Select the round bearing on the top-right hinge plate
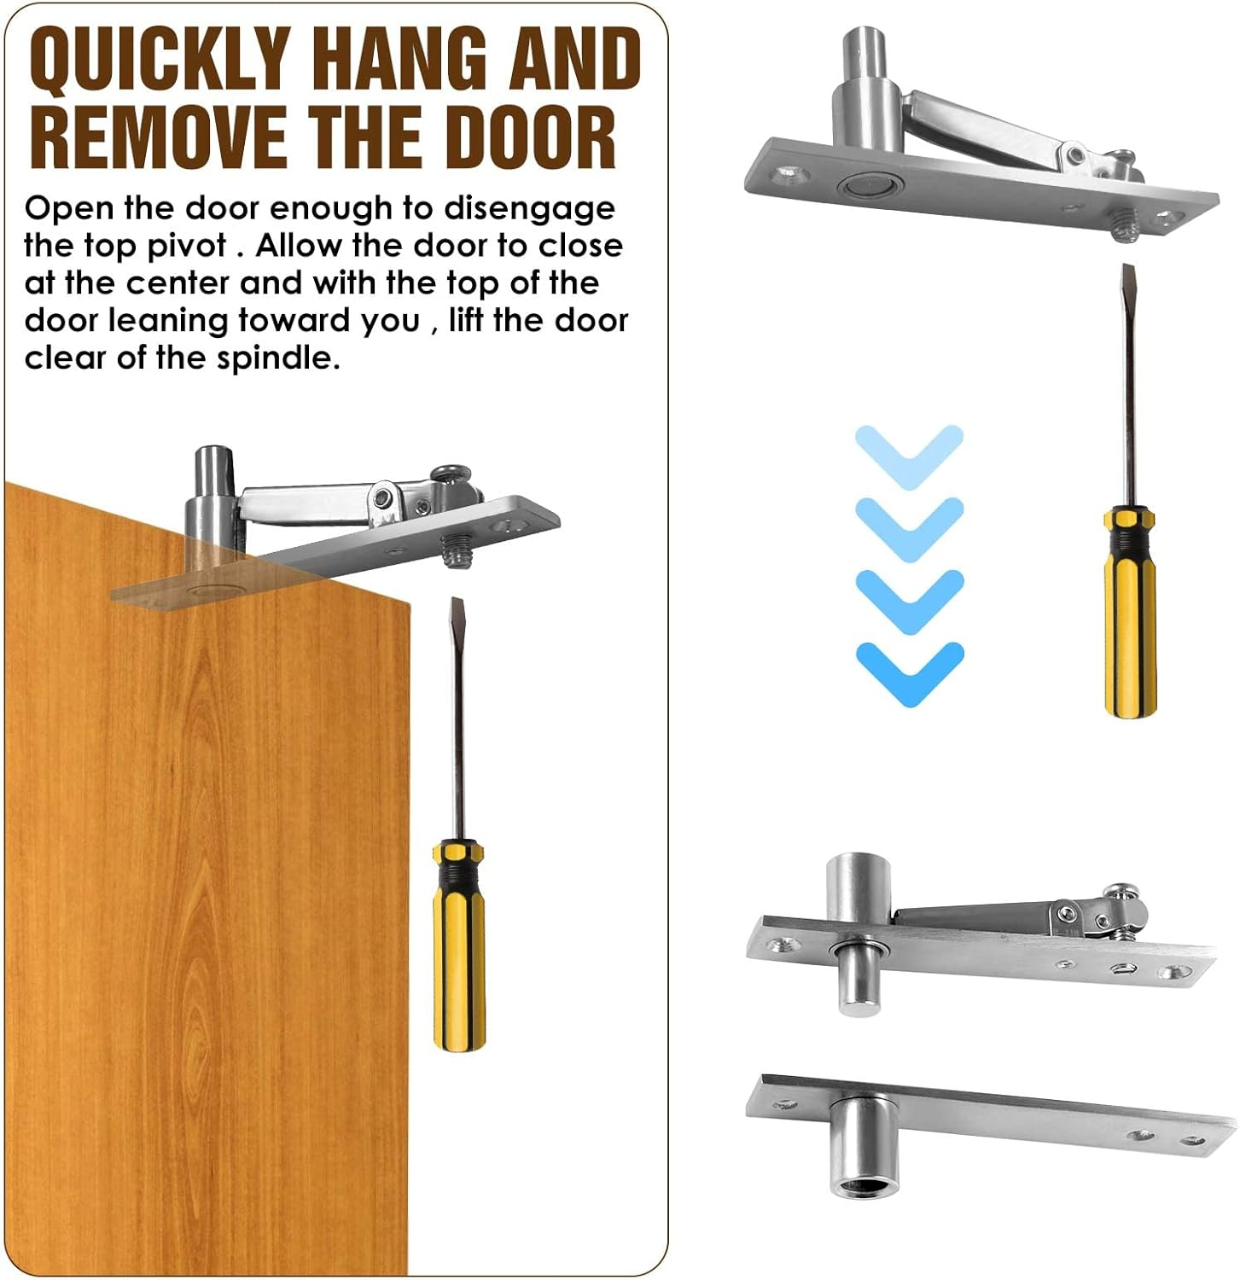[x=864, y=185]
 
